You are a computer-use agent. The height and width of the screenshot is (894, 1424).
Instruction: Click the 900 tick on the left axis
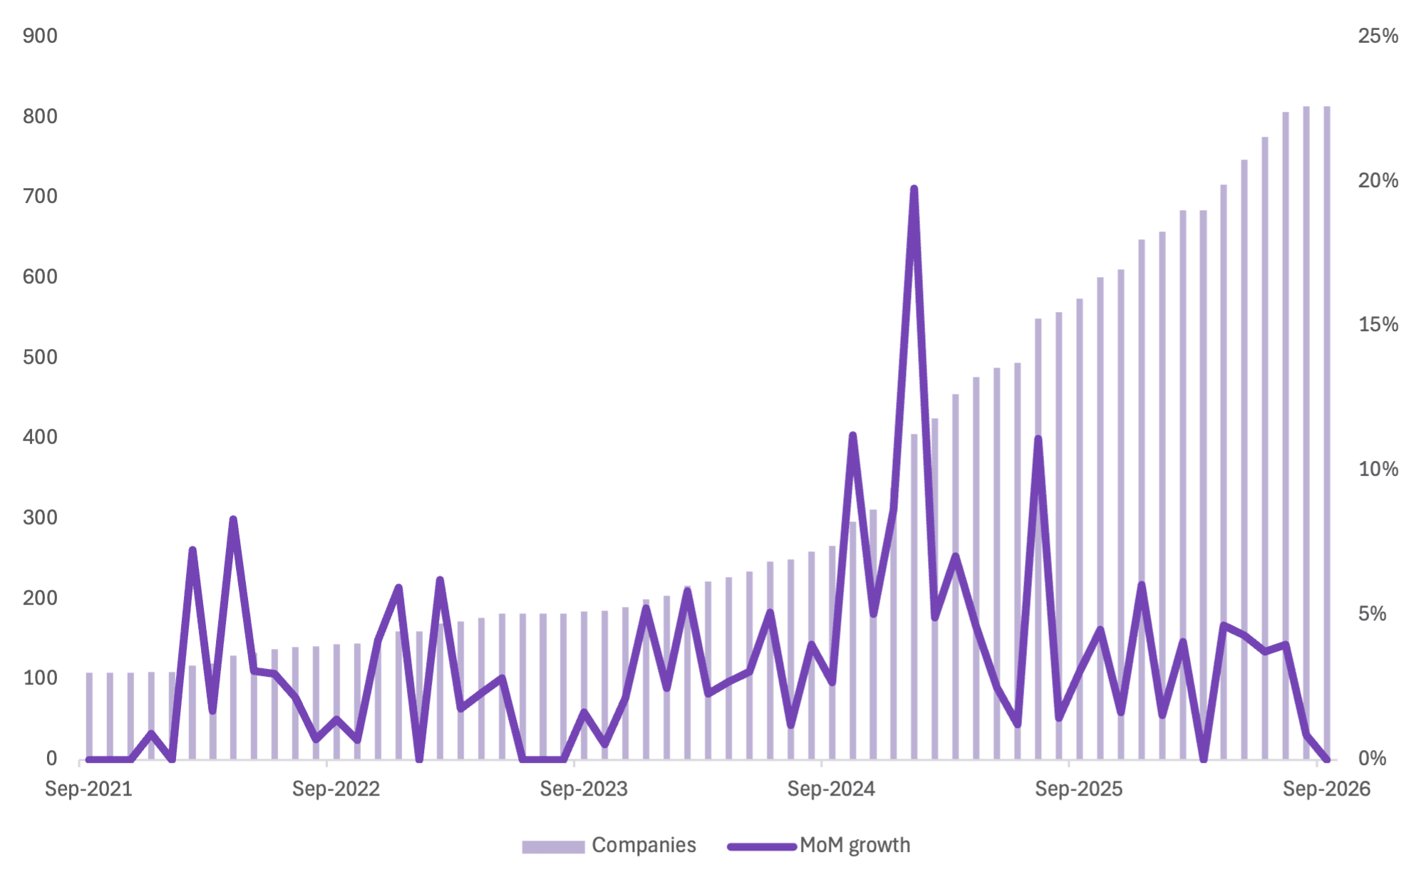tap(40, 36)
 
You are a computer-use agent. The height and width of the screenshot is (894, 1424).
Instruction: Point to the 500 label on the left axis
tap(40, 357)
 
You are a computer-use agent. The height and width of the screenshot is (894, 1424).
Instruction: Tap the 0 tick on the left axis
tap(52, 759)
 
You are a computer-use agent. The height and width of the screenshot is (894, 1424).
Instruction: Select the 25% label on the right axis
tap(1378, 36)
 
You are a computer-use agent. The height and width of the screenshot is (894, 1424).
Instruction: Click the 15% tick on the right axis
tap(1378, 325)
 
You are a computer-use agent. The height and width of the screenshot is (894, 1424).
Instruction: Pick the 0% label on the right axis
tap(1372, 759)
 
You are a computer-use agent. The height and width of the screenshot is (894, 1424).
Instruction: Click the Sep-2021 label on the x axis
tap(88, 789)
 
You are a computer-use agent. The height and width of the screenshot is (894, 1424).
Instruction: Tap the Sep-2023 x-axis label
tap(584, 789)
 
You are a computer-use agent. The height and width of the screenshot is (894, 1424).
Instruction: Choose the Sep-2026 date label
tap(1326, 789)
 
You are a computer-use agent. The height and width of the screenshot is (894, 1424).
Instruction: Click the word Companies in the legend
tap(644, 846)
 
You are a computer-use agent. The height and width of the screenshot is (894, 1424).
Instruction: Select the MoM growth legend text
tap(855, 846)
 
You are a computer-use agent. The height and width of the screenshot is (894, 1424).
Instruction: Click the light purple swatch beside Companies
tap(553, 847)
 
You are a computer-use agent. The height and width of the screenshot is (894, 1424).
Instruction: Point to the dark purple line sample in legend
tap(761, 847)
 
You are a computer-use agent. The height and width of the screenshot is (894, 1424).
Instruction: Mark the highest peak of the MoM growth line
tap(914, 189)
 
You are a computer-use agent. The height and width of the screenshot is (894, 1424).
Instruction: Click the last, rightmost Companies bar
tap(1326, 432)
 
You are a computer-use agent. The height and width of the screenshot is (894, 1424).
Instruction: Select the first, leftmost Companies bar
tap(89, 716)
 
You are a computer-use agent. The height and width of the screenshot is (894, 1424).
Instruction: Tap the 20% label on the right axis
tap(1378, 180)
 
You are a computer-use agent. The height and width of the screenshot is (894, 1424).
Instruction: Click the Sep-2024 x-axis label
tap(831, 789)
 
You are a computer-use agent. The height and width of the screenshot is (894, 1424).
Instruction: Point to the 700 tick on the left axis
tap(40, 196)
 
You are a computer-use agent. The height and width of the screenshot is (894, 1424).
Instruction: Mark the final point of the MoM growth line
tap(1326, 759)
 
